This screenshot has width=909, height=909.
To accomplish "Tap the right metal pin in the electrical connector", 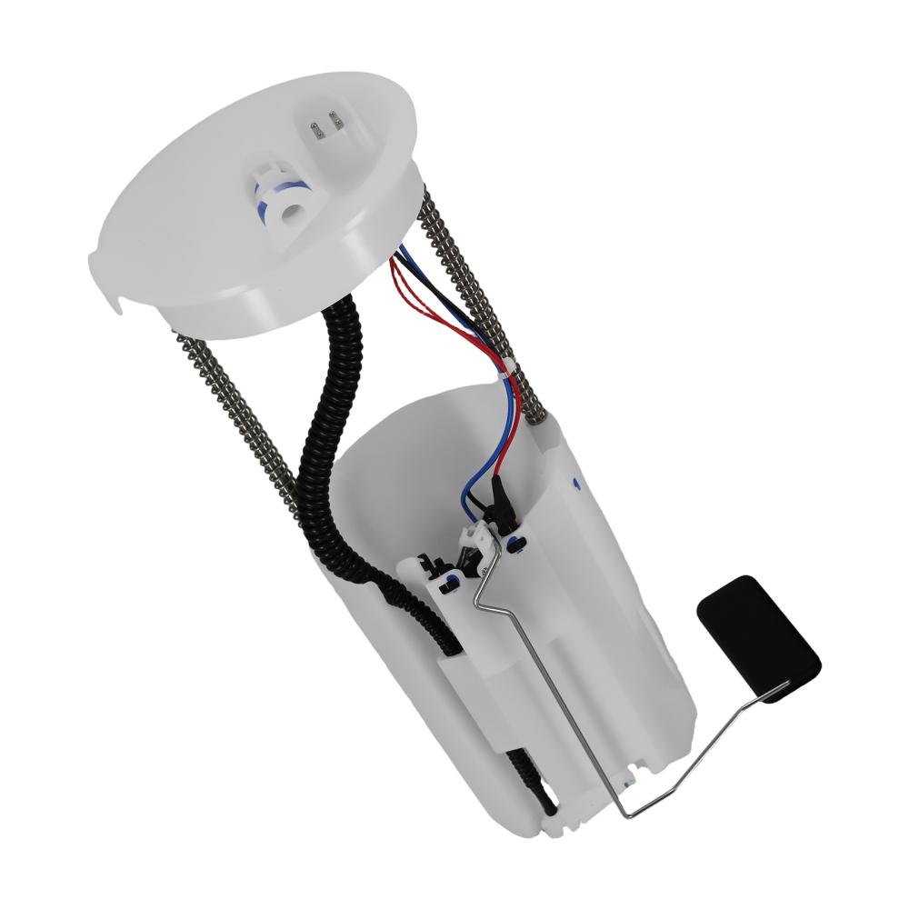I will click(335, 117).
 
